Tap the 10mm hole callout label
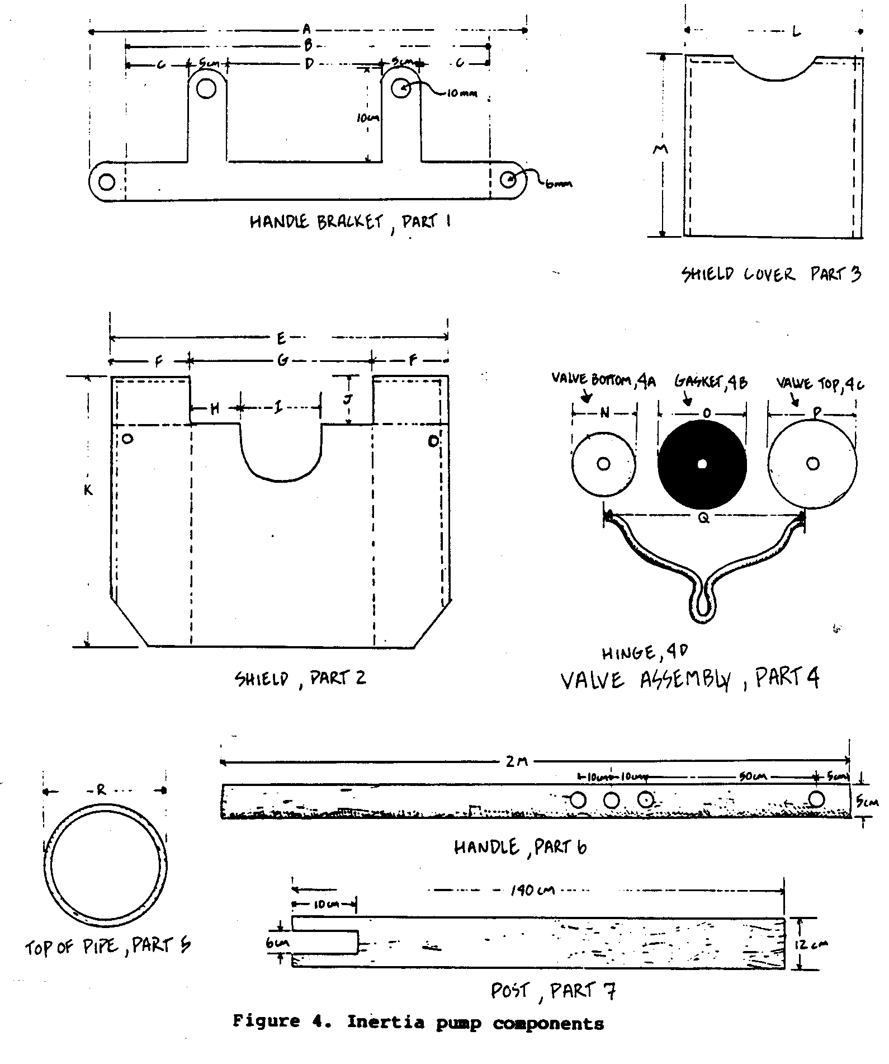point(462,93)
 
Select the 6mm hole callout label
point(559,184)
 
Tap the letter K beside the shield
point(88,490)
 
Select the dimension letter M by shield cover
point(661,149)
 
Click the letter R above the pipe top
point(101,790)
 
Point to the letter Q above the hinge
point(704,518)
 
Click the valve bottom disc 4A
point(603,464)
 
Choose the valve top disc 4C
point(812,464)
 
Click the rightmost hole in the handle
point(816,799)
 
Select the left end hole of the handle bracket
point(106,181)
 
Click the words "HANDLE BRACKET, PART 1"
point(350,222)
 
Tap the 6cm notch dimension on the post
point(278,942)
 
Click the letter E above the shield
point(281,337)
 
